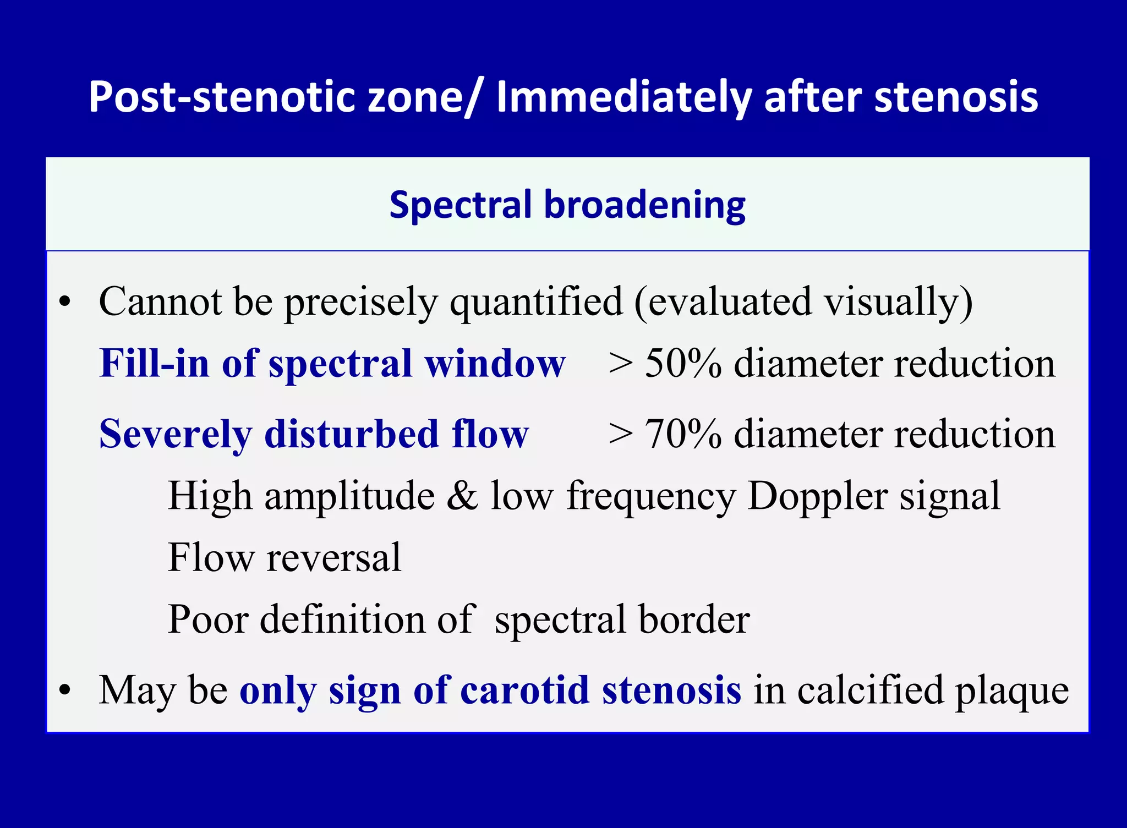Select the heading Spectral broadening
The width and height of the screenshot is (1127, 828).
tap(567, 205)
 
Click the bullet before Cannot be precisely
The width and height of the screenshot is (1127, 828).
tap(65, 302)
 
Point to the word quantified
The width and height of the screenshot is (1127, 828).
tap(537, 302)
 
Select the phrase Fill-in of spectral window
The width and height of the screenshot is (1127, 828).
tap(332, 364)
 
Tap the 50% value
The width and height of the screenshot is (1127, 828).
tap(683, 364)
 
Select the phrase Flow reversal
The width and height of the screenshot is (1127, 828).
tap(285, 558)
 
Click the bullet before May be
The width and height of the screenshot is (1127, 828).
tap(65, 690)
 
